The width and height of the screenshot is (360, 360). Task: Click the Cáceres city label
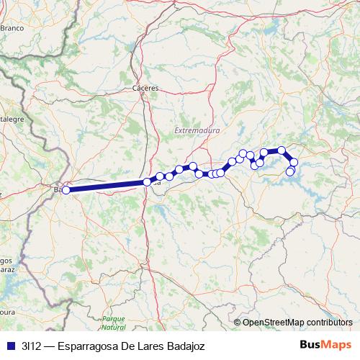pos(145,88)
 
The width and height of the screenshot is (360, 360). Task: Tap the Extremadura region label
pos(197,131)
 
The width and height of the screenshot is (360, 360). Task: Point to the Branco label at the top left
pos(12,27)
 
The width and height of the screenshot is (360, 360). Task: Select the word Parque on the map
pos(114,318)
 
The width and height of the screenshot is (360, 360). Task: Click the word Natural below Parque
pos(114,327)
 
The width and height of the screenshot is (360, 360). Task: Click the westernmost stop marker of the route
pos(66,190)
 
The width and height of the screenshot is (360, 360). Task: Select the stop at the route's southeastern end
pos(290,171)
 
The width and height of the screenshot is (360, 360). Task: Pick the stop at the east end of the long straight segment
pos(147,182)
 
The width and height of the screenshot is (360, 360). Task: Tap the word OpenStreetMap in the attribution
pos(273,323)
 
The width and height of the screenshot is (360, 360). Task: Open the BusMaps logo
pos(326,345)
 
